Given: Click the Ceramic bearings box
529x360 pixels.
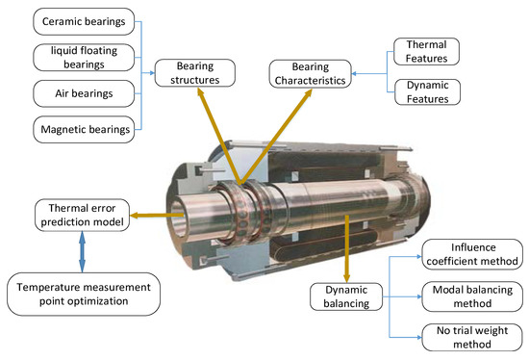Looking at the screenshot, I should pyautogui.click(x=72, y=18).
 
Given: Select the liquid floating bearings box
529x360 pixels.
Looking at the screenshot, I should pyautogui.click(x=72, y=55).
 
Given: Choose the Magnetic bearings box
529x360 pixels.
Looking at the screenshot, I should pyautogui.click(x=72, y=127).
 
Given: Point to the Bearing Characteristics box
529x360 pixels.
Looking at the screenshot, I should pyautogui.click(x=310, y=71).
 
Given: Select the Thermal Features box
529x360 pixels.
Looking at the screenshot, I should pyautogui.click(x=428, y=50).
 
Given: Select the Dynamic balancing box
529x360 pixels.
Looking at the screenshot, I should pyautogui.click(x=343, y=296).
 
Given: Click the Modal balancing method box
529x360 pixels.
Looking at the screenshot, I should pyautogui.click(x=472, y=296).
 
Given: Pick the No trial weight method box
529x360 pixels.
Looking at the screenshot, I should pyautogui.click(x=472, y=340).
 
